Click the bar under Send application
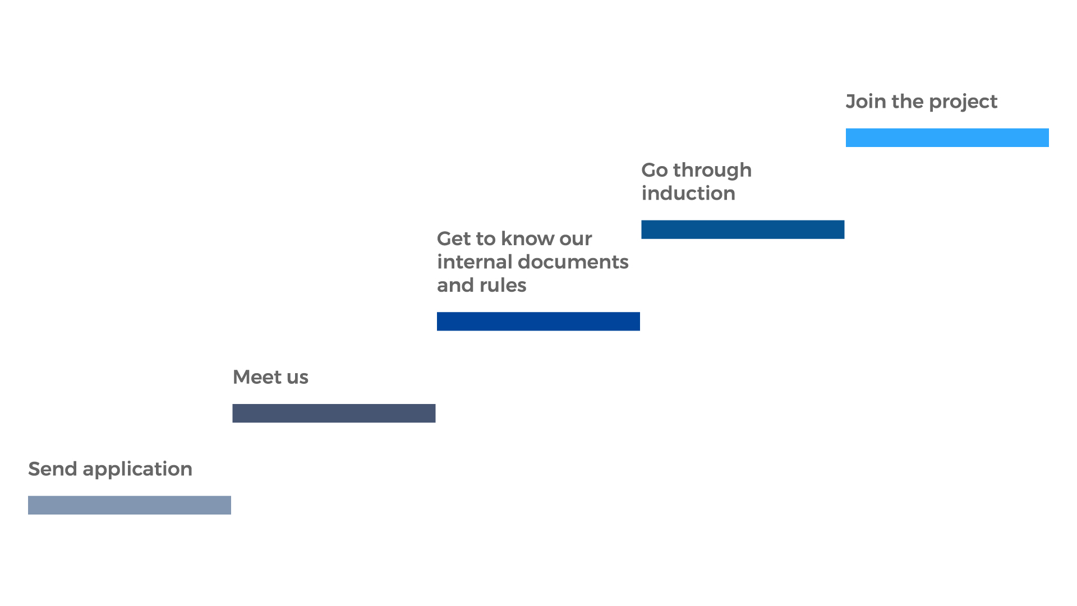pos(130,505)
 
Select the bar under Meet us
pos(334,413)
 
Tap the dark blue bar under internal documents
pos(538,322)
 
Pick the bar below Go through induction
pos(743,229)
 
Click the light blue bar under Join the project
pos(947,137)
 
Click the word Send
pos(53,469)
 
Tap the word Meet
pos(257,377)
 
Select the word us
pos(297,379)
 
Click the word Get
pos(454,239)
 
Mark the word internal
pos(475,262)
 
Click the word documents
pos(573,262)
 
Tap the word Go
pos(655,170)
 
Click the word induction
pos(688,193)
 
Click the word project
pos(963,103)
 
